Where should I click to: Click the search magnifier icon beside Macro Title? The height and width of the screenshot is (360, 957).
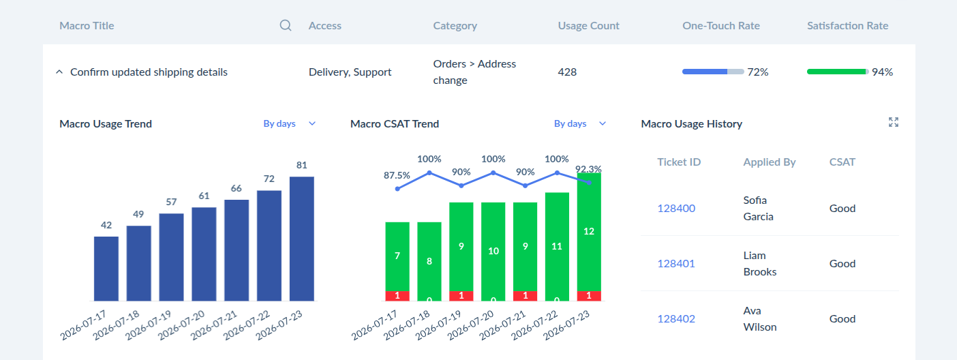(x=286, y=26)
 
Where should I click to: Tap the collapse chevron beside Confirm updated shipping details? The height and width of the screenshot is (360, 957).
(x=59, y=72)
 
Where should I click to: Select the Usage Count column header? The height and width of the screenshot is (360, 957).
(x=588, y=26)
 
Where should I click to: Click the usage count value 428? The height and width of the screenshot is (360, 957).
(x=567, y=72)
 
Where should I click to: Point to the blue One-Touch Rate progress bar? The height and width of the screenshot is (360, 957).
(x=712, y=72)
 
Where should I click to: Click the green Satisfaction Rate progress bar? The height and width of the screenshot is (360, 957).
(x=838, y=72)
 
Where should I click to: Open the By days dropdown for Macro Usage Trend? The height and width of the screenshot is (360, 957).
(x=289, y=123)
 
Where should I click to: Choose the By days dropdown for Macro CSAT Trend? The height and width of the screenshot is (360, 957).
(x=580, y=123)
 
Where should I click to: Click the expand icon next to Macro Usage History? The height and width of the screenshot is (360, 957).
(x=894, y=122)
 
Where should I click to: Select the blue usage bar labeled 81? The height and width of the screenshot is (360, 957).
(x=302, y=239)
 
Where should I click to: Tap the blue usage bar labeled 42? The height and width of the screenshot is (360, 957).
(x=106, y=269)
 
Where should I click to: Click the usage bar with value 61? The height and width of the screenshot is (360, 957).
(x=204, y=254)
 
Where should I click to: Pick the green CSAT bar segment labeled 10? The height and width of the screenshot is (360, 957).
(x=493, y=252)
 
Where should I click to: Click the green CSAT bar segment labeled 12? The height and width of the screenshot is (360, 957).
(x=589, y=232)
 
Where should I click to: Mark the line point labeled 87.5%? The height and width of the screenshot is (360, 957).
(x=397, y=189)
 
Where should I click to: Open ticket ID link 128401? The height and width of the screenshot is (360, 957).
(x=676, y=263)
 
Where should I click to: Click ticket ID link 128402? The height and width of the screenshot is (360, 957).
(x=676, y=318)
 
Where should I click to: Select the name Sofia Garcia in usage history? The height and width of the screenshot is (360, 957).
(x=759, y=208)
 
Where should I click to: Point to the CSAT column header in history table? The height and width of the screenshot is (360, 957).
(x=842, y=162)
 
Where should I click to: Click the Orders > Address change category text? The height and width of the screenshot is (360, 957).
(x=474, y=72)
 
